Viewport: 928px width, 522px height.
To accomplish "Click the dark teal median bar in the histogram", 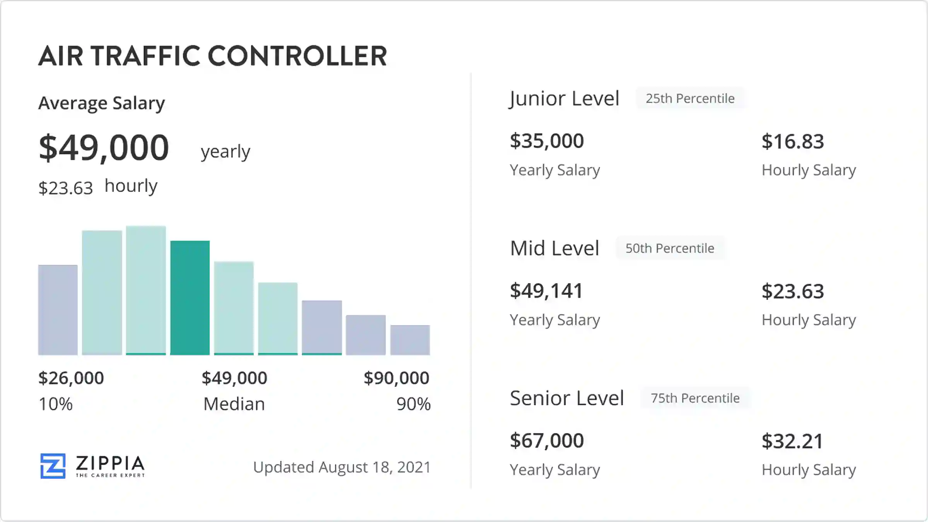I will click(x=190, y=298).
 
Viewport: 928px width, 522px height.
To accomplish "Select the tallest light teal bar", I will click(x=146, y=290).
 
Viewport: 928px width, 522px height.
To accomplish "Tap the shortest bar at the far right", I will click(x=410, y=340).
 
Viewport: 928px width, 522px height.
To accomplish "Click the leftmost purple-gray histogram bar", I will click(x=58, y=310).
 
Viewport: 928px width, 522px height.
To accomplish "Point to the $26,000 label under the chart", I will click(x=71, y=378).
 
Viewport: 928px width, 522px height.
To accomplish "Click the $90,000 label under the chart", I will click(x=396, y=378).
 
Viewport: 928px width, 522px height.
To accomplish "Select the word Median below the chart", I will click(x=234, y=404).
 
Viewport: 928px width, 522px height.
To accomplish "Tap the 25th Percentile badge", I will click(x=690, y=99).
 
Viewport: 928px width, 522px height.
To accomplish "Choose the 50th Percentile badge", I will click(x=670, y=248).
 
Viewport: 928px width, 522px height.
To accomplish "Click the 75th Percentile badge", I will click(x=695, y=398).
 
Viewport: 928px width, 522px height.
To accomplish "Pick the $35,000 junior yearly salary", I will click(x=547, y=141).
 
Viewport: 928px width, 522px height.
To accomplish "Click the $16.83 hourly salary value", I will click(x=793, y=142).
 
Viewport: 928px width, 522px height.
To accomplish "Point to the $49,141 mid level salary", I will click(x=546, y=291).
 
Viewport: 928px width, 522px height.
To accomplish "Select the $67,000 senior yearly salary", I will click(x=547, y=440).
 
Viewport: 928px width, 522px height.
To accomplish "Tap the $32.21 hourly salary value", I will click(x=792, y=441).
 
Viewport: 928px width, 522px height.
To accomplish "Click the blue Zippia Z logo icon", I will click(x=53, y=466).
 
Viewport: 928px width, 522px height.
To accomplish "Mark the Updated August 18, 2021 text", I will click(x=342, y=467).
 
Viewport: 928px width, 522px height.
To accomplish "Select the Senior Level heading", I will click(x=567, y=398).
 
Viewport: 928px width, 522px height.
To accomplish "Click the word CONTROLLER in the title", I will click(x=297, y=56).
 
